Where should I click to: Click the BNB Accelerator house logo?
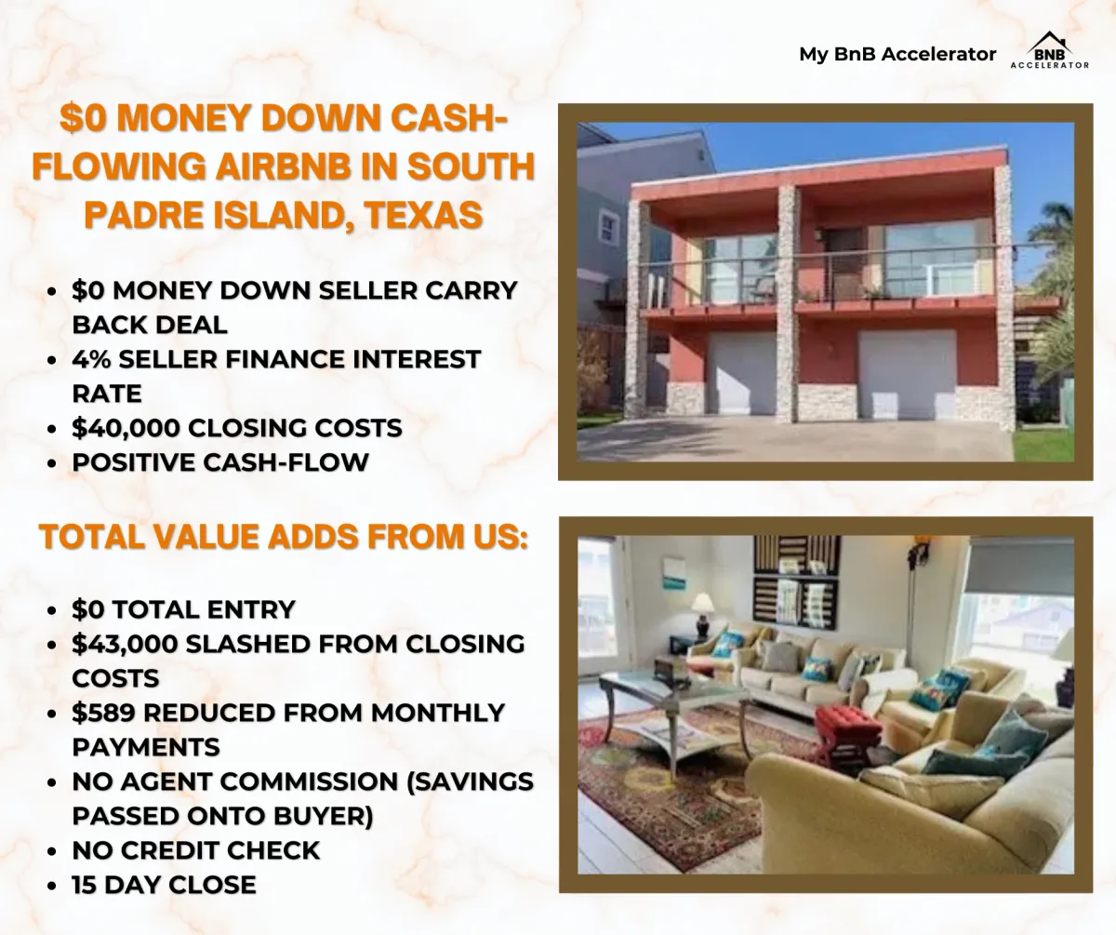click(1049, 50)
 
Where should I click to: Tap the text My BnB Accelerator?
click(897, 54)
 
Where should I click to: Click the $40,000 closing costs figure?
click(126, 428)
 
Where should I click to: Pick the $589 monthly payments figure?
click(103, 713)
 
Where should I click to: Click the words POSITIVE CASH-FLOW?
click(220, 462)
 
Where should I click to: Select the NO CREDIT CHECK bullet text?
click(196, 850)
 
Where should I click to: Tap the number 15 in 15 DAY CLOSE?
click(85, 885)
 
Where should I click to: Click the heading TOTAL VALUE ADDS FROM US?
click(284, 536)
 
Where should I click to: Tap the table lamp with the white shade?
click(702, 614)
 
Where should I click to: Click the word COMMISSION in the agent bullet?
click(309, 781)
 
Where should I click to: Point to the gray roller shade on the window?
click(1021, 567)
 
